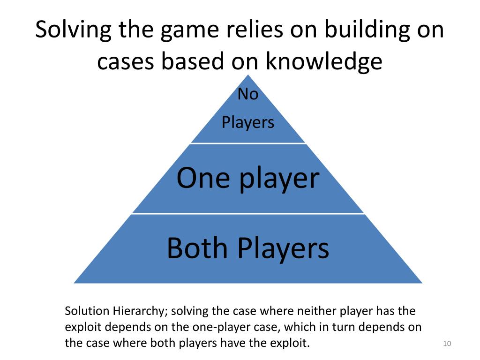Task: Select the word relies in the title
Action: tap(249, 30)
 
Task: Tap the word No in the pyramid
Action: tap(248, 94)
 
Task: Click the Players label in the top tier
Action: tap(248, 123)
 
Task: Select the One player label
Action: tap(248, 178)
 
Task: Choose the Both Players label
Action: tap(248, 248)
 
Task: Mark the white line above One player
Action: tap(248, 143)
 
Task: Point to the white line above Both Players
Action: tap(248, 214)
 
